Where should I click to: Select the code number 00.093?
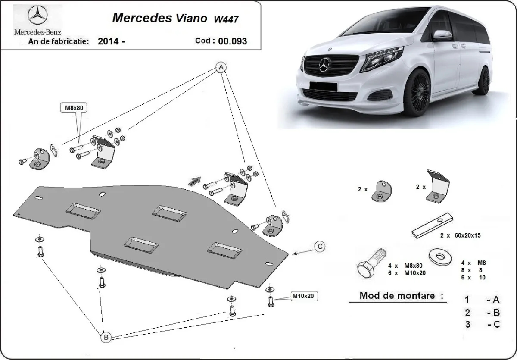(x=232, y=41)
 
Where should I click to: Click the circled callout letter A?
(x=221, y=68)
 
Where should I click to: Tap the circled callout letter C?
(x=319, y=247)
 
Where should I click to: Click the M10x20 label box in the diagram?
(x=304, y=296)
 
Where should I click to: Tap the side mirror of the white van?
(x=442, y=35)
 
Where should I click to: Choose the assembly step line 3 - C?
(x=482, y=325)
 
